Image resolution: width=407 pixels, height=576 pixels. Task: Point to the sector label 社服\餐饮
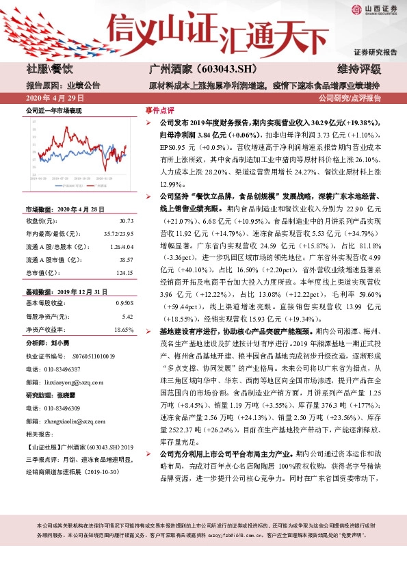coord(49,70)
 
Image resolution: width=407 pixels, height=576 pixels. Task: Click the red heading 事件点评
coord(159,109)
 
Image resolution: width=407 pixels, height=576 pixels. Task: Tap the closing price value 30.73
coord(125,221)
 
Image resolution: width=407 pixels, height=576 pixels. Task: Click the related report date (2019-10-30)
coord(105,471)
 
